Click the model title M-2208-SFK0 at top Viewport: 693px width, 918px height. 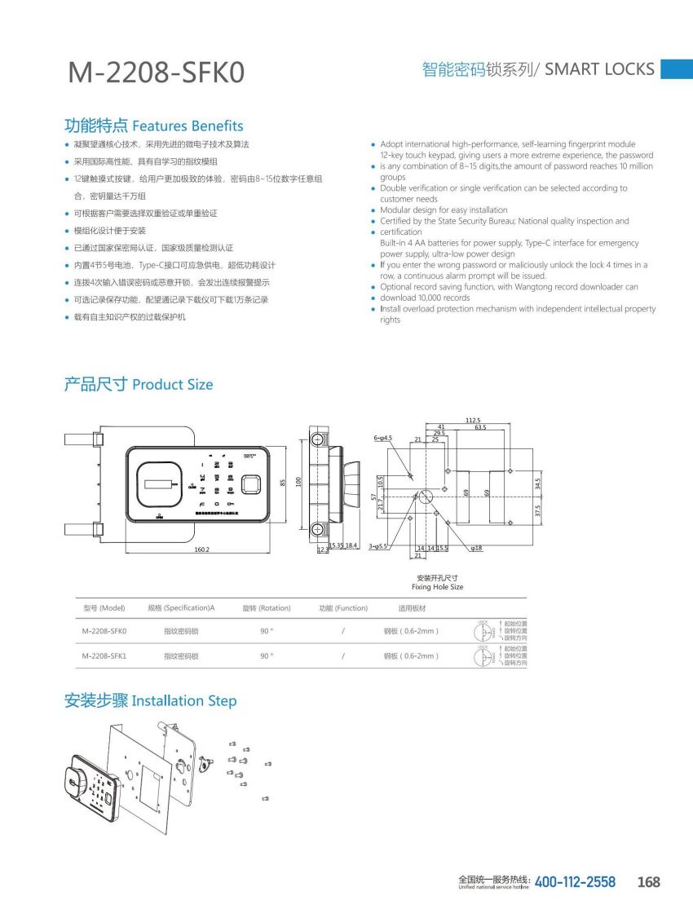click(156, 73)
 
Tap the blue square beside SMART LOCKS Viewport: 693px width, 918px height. click(676, 69)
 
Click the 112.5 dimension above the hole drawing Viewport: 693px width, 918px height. click(473, 421)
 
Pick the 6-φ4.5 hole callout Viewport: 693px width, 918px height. click(383, 439)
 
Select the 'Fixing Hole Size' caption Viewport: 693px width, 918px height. click(437, 587)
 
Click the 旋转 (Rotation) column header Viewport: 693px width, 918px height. click(267, 608)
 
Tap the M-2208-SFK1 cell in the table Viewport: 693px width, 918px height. click(104, 655)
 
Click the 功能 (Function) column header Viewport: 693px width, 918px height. click(343, 608)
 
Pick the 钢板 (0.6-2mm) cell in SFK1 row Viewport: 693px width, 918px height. click(412, 655)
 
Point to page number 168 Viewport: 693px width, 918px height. click(649, 882)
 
